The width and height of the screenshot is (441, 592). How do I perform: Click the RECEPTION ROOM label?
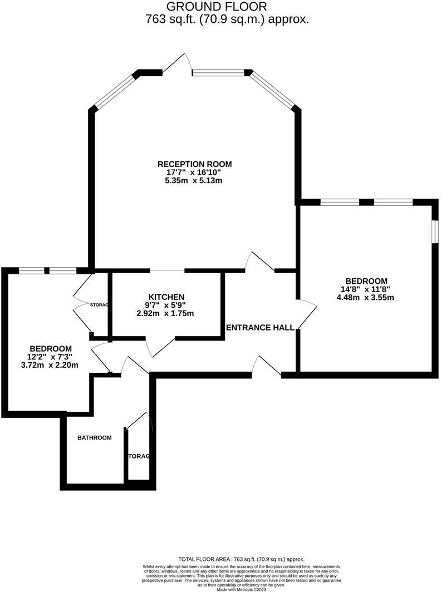(x=194, y=164)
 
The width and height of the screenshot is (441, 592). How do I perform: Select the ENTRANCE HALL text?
(x=260, y=328)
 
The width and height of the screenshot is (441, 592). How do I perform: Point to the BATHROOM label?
(x=94, y=438)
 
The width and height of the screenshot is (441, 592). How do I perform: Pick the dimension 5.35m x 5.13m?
(x=194, y=181)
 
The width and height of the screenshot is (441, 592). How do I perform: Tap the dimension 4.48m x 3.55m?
(x=366, y=298)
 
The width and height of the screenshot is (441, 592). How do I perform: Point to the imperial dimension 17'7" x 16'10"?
(x=194, y=172)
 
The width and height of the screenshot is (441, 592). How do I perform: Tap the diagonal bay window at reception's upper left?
(x=114, y=91)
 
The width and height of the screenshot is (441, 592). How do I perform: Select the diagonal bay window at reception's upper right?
(x=273, y=89)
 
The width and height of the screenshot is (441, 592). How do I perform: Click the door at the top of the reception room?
(x=177, y=64)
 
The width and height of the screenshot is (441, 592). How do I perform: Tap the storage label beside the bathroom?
(x=139, y=456)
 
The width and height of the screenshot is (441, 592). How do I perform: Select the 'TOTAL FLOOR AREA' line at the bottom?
(x=241, y=559)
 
